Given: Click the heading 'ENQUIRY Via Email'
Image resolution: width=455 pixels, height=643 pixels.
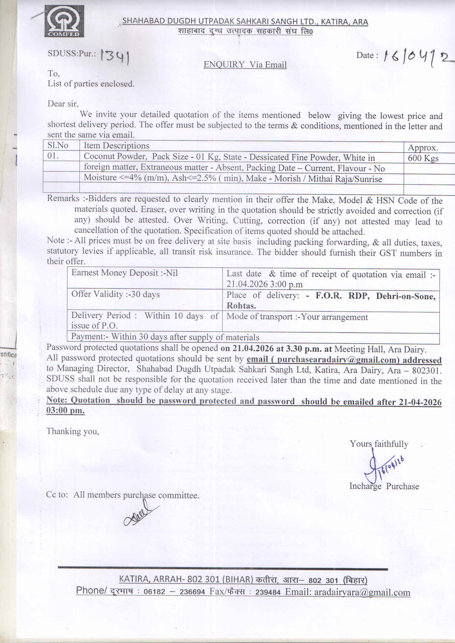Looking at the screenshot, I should tap(245, 65).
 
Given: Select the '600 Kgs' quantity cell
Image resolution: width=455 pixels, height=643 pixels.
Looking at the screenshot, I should tap(423, 158).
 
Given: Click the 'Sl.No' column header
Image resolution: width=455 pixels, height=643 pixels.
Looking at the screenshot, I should tap(58, 146).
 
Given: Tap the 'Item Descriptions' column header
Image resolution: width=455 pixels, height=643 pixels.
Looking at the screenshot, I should tap(116, 146).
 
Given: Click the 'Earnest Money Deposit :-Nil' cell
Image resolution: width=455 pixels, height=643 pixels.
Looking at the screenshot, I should tap(125, 273).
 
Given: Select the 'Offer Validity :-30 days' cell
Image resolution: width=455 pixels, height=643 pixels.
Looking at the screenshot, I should tap(115, 294).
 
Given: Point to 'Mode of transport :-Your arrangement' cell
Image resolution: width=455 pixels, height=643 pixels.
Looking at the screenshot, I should tap(297, 317).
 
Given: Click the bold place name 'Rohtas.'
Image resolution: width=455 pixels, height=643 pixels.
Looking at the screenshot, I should tap(241, 306).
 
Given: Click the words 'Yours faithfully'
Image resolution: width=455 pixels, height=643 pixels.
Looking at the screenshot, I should tap(379, 444).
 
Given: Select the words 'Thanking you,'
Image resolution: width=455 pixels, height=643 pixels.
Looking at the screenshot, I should tap(73, 431).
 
